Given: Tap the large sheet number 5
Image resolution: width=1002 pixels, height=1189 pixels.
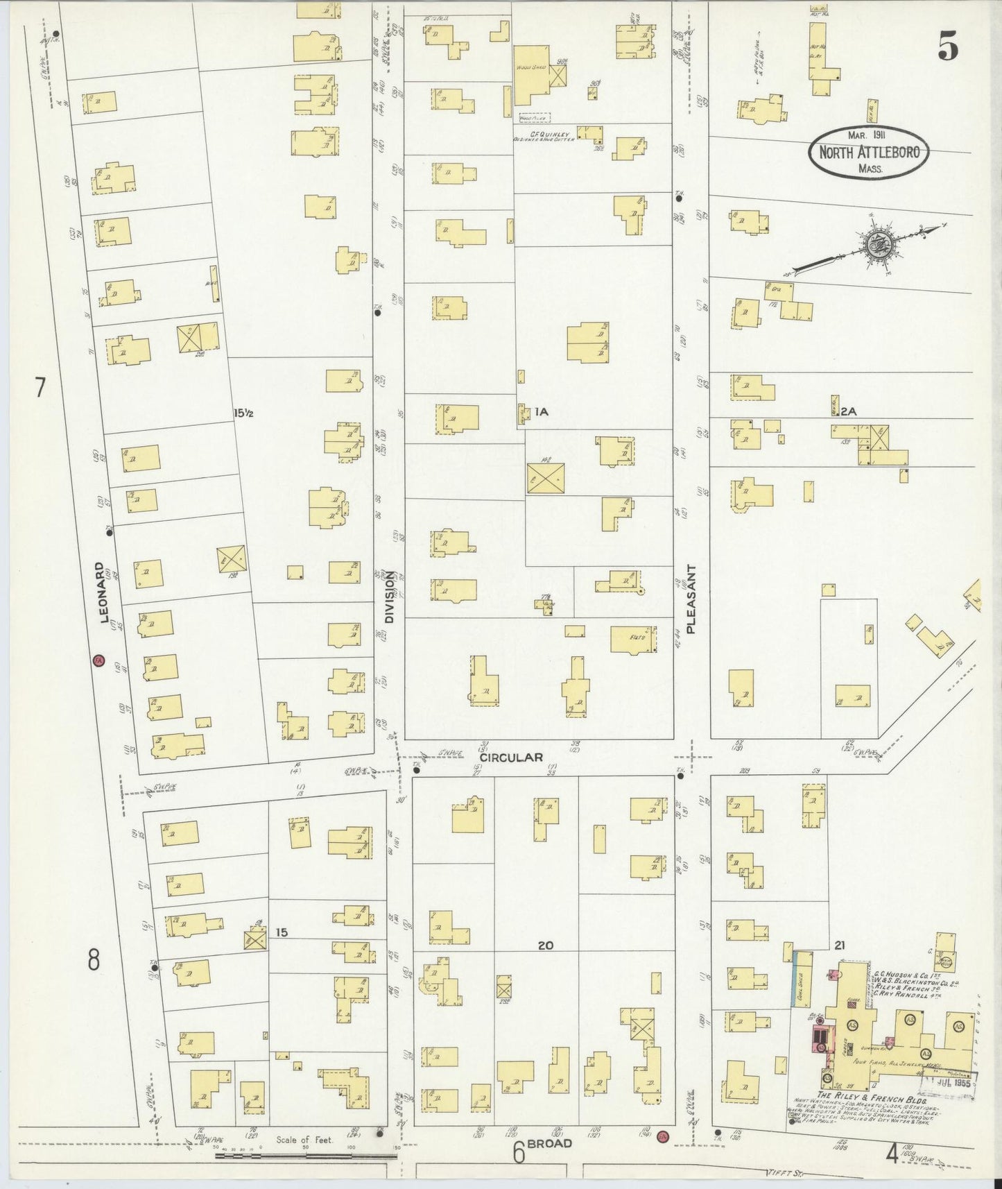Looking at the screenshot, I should pos(948,47).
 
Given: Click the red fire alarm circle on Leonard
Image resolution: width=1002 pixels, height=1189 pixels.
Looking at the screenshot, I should pos(98,660).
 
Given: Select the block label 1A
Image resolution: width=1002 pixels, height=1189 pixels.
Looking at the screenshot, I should pos(541,412).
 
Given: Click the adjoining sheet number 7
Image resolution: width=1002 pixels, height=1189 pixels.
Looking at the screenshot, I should pos(40,388).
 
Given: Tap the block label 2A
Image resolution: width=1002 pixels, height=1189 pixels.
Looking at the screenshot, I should pos(848,411).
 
